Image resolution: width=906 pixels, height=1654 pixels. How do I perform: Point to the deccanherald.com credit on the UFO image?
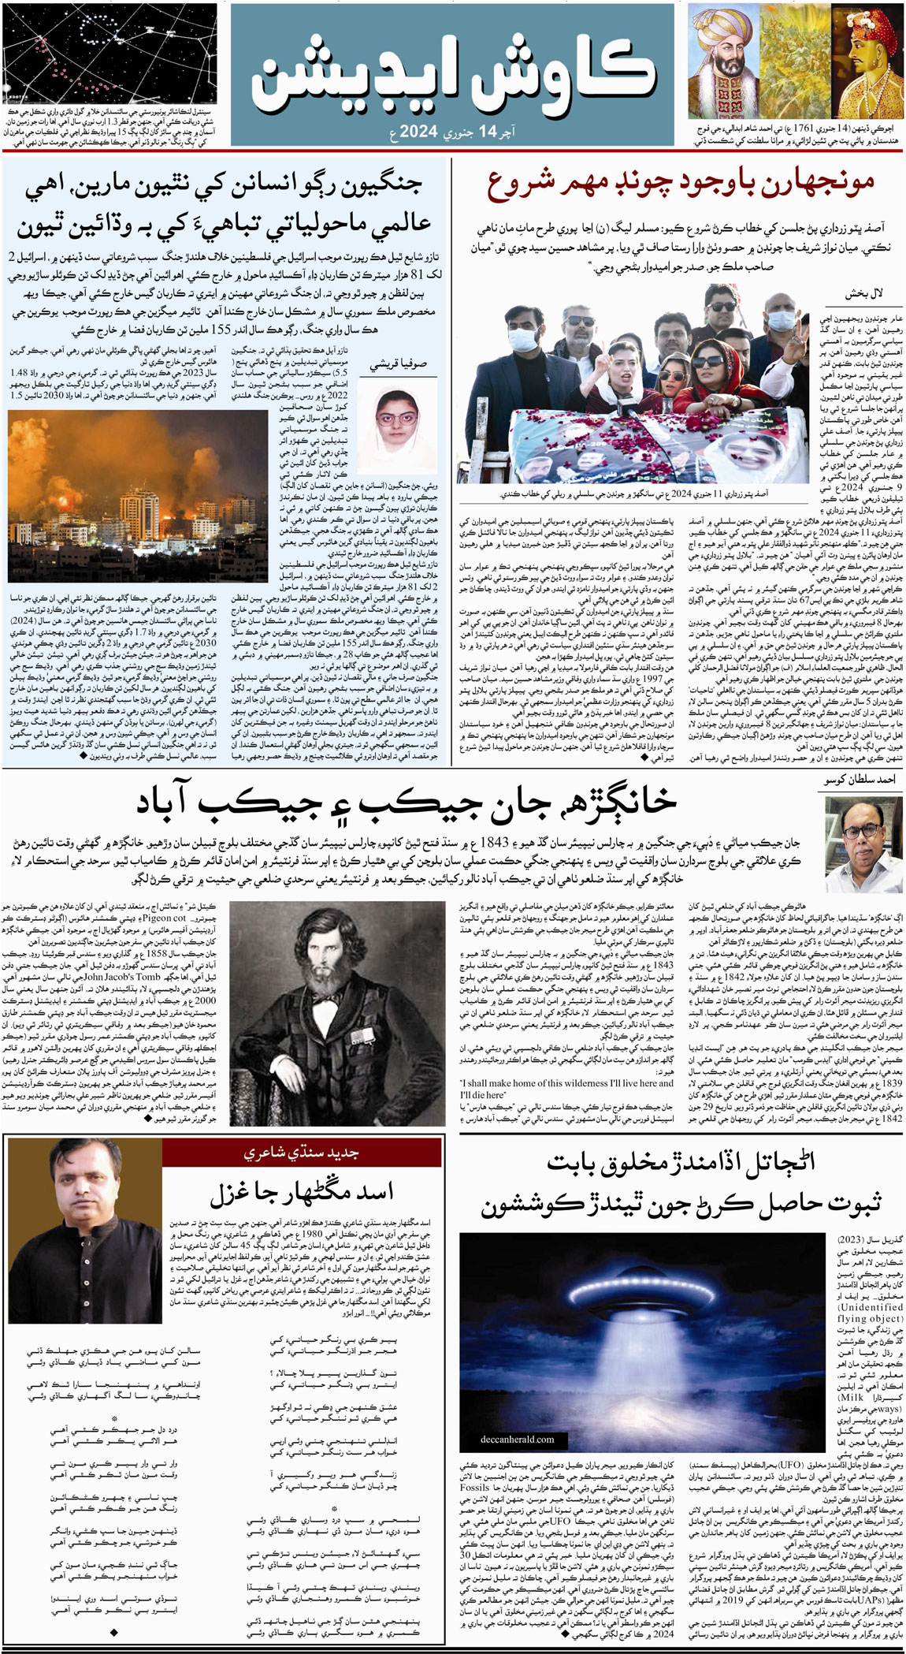517,1439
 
